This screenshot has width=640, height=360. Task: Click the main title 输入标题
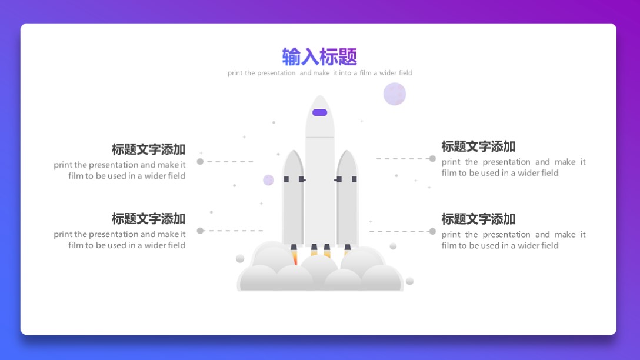[319, 56]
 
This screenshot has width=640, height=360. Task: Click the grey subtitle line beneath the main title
[320, 73]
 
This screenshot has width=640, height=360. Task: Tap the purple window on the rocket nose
[319, 112]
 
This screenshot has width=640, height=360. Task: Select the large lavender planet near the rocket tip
[395, 94]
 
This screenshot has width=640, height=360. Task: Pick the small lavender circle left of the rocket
[268, 180]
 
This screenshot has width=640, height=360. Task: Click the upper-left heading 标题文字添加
[148, 149]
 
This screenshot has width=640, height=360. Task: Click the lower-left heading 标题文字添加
[148, 219]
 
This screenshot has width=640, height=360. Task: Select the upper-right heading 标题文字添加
[478, 146]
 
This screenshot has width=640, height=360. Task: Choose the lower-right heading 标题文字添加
[478, 219]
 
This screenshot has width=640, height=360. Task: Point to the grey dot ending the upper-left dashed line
[200, 161]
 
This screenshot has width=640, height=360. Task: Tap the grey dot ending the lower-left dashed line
[200, 231]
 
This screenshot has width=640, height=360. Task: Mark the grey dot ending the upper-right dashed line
[432, 158]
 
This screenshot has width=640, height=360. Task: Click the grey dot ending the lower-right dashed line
[432, 231]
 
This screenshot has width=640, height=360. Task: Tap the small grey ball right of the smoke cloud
[409, 281]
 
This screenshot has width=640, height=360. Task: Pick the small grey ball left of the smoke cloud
[240, 258]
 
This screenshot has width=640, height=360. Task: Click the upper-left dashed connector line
[229, 161]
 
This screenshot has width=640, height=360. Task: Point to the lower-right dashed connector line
[400, 231]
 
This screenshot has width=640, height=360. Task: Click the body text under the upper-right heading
[514, 167]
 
